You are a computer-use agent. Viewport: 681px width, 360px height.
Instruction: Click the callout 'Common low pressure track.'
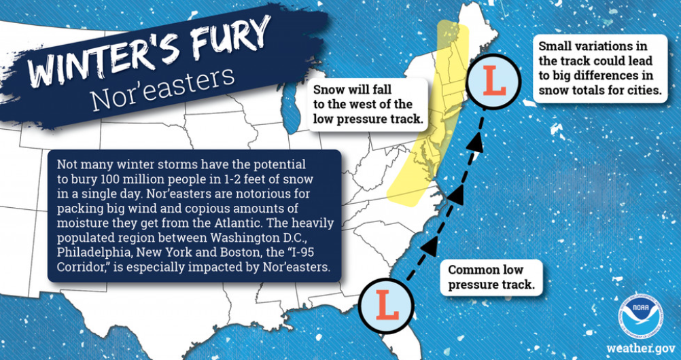click(490, 277)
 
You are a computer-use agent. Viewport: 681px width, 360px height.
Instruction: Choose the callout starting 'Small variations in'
click(599, 69)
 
